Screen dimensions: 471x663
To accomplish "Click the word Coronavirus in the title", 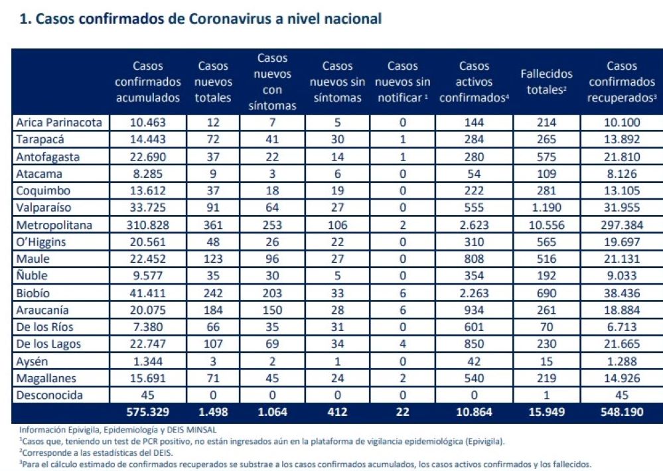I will (x=226, y=19).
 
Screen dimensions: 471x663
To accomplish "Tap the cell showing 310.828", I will (x=147, y=225).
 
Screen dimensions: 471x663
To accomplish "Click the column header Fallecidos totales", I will (x=546, y=82).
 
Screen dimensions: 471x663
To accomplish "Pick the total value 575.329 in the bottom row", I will (x=147, y=413).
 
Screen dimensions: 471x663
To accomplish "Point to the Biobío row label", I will (x=34, y=293).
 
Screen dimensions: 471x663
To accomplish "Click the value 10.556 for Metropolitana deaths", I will (x=546, y=225).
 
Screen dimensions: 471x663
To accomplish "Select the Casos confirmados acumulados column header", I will (x=147, y=82).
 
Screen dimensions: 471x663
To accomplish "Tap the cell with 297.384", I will (x=621, y=225).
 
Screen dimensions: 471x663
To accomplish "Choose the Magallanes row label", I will (x=46, y=379).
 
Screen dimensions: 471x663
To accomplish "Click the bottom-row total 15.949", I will (x=546, y=413).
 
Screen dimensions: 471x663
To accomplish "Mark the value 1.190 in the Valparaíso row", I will (x=546, y=208).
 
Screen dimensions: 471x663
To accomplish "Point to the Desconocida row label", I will (x=50, y=396).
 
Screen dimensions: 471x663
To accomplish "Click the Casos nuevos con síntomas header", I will (x=272, y=82).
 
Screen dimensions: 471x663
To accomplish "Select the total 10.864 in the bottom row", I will (x=474, y=413).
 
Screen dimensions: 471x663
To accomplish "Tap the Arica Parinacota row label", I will (x=59, y=123).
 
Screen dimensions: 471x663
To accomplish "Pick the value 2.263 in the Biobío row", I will (x=474, y=293).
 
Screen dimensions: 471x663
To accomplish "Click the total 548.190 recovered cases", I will (x=621, y=413).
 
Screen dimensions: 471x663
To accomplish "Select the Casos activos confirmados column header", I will (x=474, y=82).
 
